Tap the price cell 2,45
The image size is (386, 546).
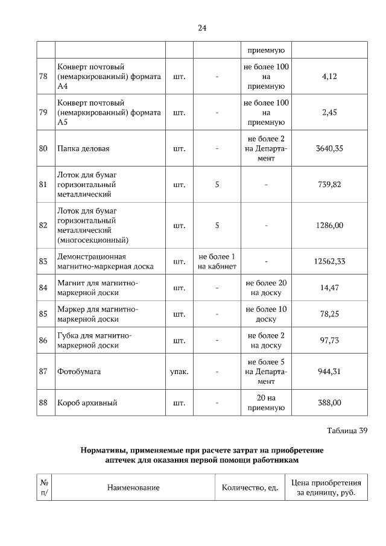(x=329, y=112)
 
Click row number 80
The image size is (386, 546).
(x=43, y=148)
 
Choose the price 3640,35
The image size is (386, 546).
(x=329, y=148)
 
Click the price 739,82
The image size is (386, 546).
(x=329, y=184)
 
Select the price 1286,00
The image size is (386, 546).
(x=329, y=225)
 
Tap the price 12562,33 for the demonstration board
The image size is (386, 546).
(x=329, y=261)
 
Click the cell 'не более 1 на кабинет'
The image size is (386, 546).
(x=217, y=261)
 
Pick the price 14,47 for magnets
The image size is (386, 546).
(x=329, y=288)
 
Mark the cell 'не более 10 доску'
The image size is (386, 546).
(x=266, y=314)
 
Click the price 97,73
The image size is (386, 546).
(x=329, y=340)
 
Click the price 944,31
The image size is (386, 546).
(x=329, y=371)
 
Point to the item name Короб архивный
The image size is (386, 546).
(x=87, y=402)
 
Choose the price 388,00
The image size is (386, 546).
(x=329, y=402)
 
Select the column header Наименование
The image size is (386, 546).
(x=133, y=487)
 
